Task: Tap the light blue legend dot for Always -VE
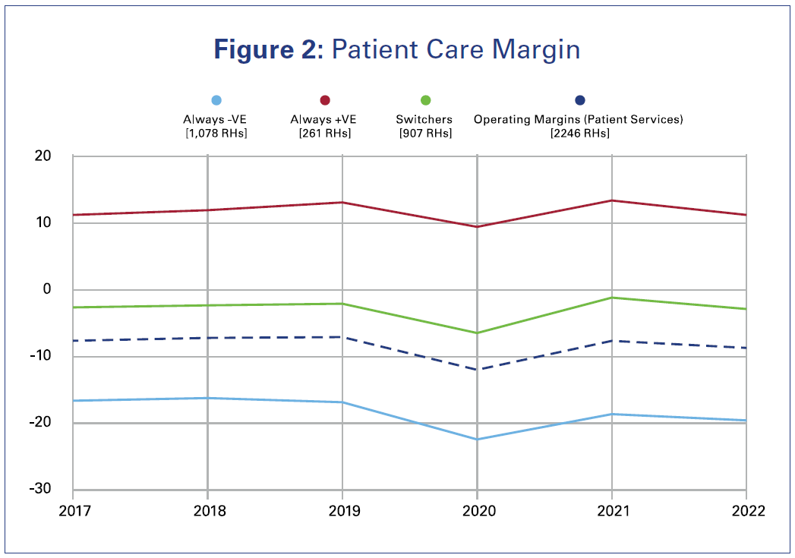coord(216,100)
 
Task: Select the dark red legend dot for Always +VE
coord(324,100)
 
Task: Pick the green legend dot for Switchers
coord(425,100)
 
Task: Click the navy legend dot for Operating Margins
coord(579,100)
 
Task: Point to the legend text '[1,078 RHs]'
coord(216,134)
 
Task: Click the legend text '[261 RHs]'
coord(324,134)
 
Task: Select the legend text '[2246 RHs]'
coord(579,134)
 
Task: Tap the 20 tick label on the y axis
coord(42,156)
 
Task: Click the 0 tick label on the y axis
coord(47,289)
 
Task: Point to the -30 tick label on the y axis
coord(39,489)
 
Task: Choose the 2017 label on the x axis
coord(73,511)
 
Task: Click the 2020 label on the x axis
coord(477,511)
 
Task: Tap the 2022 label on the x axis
coord(746,511)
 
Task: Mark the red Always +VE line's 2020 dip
coord(477,226)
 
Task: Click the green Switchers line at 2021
coord(611,298)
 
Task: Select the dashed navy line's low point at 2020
coord(477,370)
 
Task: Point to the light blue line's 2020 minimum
coord(477,439)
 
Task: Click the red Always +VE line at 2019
coord(342,202)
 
